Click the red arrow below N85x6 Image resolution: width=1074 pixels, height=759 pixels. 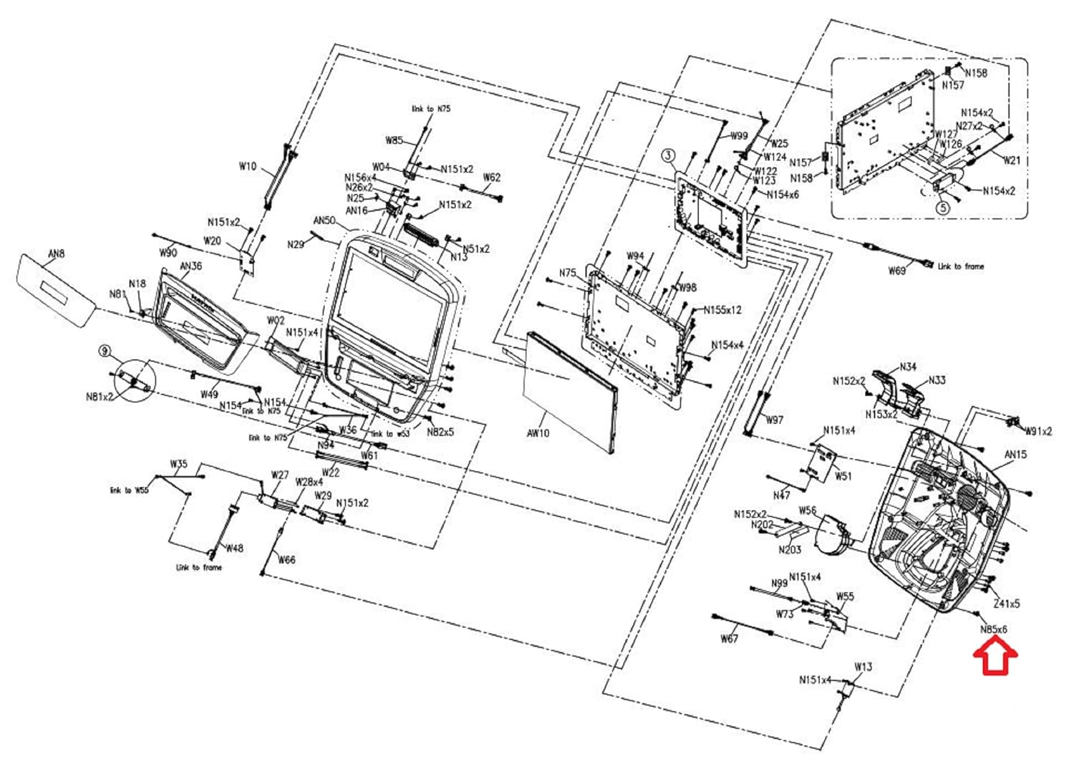point(995,657)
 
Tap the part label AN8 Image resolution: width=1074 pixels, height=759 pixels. point(56,253)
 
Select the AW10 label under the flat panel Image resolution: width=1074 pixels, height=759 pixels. point(538,433)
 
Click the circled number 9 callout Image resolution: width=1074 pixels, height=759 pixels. point(105,350)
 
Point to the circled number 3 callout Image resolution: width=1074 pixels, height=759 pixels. point(668,155)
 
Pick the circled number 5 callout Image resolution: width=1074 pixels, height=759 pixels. point(943,208)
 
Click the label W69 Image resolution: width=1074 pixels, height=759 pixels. point(897,271)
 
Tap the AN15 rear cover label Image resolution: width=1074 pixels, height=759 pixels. point(1015,454)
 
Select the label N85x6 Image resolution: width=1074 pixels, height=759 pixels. point(994,629)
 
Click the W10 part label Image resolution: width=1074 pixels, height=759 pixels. point(247,166)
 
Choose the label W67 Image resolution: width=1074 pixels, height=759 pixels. point(729,638)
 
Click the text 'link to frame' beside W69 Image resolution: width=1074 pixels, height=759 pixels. point(961,266)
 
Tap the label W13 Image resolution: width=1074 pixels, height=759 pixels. point(863,667)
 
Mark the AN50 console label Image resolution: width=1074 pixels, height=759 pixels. point(324,221)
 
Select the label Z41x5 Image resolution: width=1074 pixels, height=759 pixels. point(1006,604)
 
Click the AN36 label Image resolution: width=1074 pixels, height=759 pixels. point(190,266)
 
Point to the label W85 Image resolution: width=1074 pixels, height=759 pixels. point(395,140)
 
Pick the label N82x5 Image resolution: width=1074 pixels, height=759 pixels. point(440,432)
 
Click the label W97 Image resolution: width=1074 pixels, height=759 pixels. point(774,420)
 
